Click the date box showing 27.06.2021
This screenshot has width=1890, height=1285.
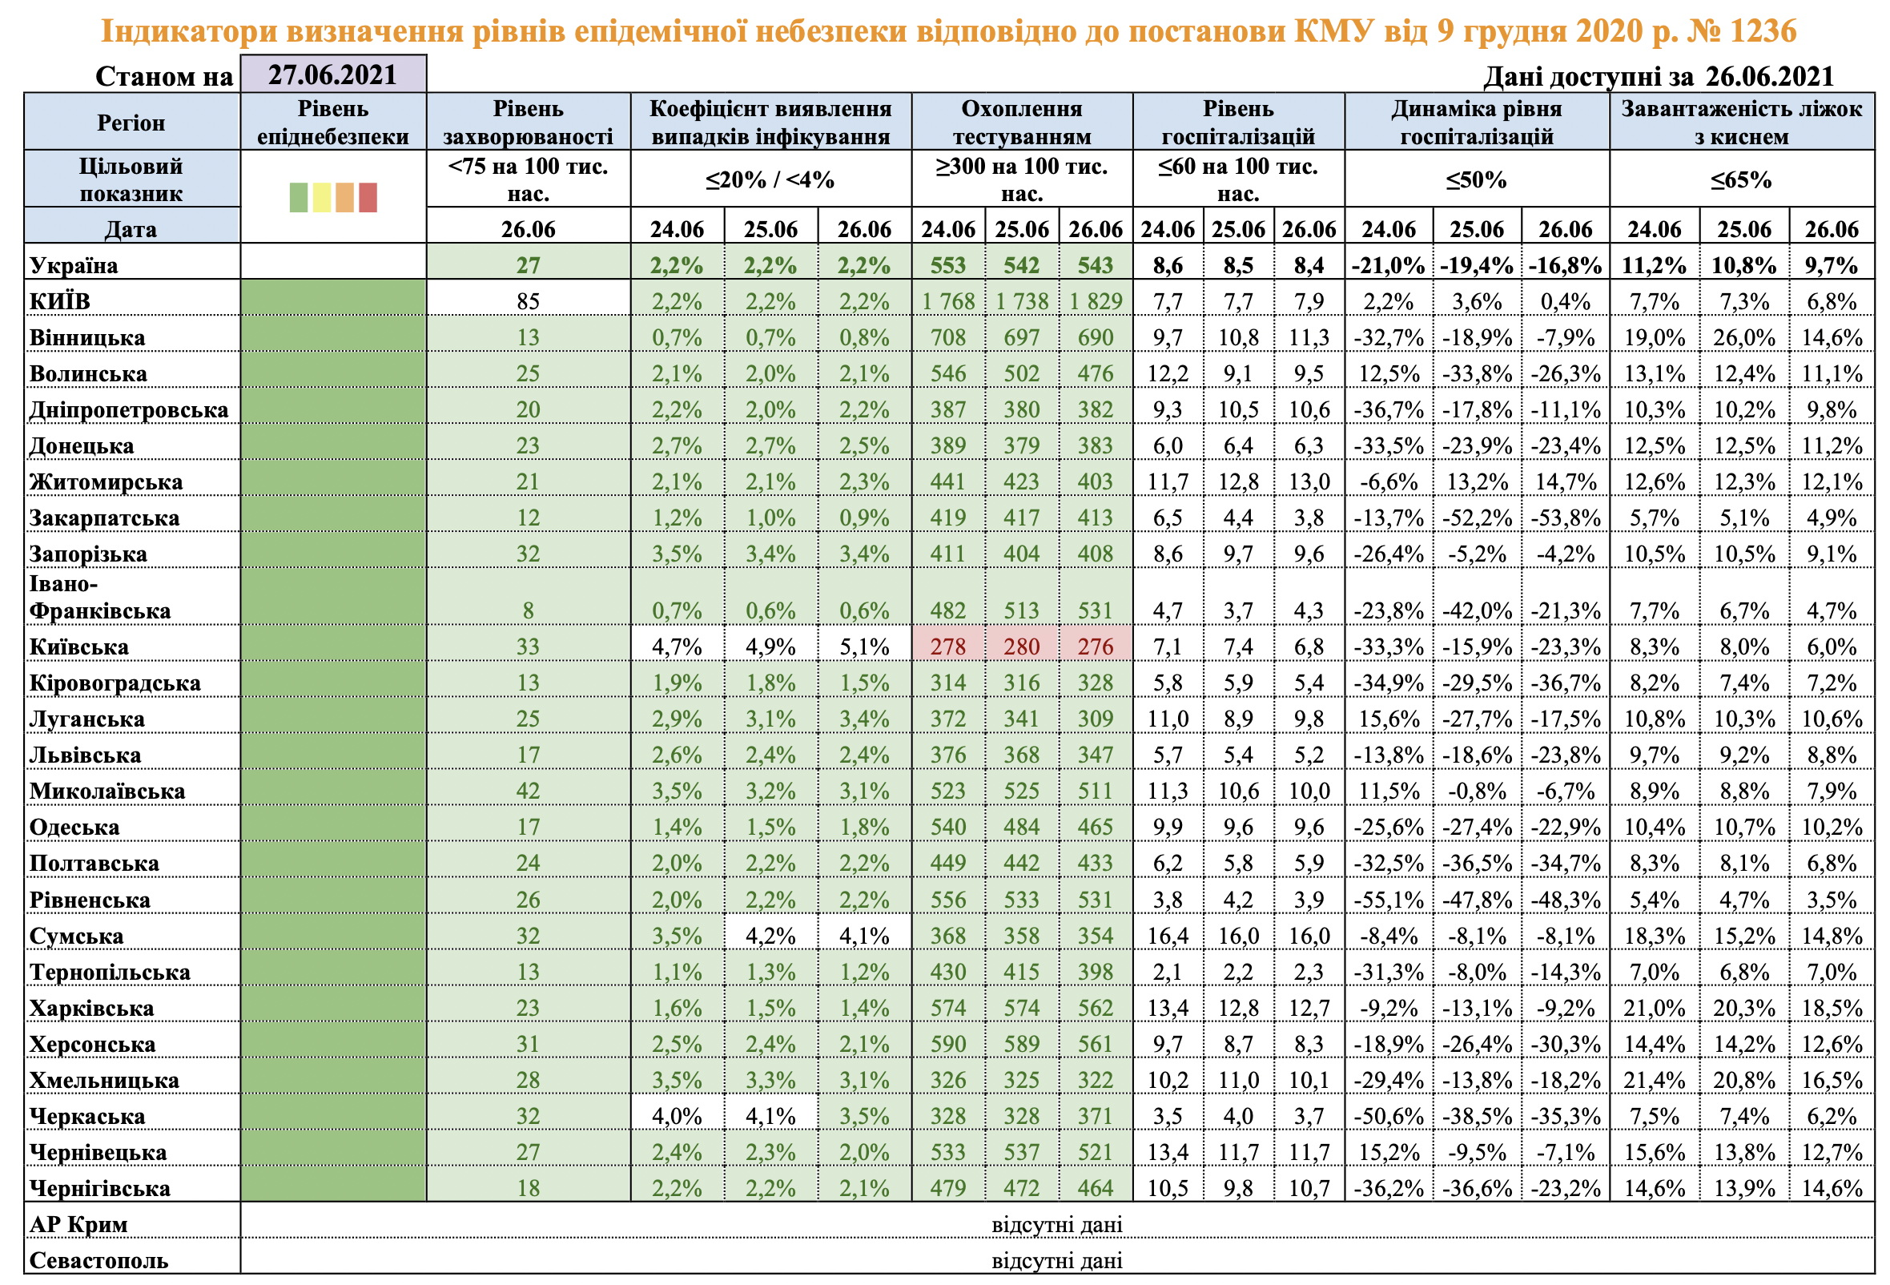coord(332,75)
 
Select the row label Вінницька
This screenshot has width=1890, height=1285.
coord(87,337)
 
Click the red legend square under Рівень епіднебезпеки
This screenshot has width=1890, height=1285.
coord(368,198)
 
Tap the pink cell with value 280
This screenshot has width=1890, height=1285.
coord(1020,647)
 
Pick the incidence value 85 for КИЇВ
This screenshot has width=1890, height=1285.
coord(528,302)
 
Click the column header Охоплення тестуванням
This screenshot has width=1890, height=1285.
coord(1021,122)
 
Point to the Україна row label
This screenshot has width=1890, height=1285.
coord(73,265)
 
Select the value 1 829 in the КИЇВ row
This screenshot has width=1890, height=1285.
coord(1095,302)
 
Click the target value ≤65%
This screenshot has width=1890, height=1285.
coord(1740,179)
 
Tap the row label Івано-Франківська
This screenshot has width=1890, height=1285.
coord(99,598)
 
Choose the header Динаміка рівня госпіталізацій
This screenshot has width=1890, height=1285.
coord(1476,122)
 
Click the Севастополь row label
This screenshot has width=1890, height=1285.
coord(99,1261)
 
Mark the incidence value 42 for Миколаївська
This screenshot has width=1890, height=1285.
coord(528,792)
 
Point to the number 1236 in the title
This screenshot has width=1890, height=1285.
coord(1763,31)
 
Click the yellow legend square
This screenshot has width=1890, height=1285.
coord(322,198)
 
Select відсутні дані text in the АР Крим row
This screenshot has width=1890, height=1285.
coord(1056,1225)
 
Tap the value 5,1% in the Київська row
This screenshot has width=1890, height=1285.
coord(863,647)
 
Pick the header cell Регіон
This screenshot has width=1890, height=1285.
coord(131,123)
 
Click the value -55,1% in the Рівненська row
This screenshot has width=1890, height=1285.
coord(1388,900)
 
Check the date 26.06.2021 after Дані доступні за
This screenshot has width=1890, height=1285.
coord(1770,76)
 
